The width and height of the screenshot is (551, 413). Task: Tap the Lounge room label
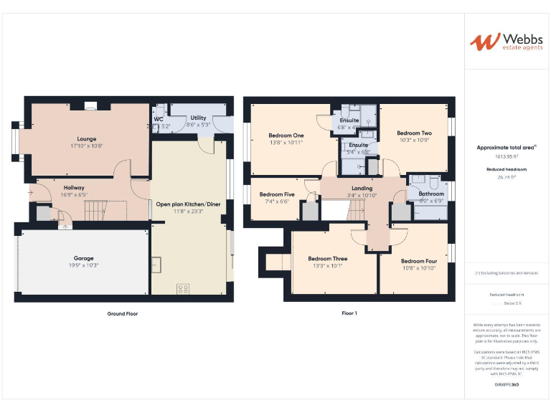[x=87, y=138]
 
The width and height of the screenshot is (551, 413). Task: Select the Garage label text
[x=83, y=258]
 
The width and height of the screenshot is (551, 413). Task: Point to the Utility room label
[x=198, y=118]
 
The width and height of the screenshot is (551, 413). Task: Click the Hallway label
[x=74, y=188]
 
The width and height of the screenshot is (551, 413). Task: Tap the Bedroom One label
[x=286, y=135]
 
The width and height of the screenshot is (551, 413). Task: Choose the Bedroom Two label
[x=414, y=133]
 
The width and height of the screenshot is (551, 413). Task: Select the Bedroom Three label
[x=327, y=258]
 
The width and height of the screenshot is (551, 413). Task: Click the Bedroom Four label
[x=419, y=261]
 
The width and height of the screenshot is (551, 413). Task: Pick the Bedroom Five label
[x=277, y=194]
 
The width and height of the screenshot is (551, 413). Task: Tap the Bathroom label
[x=431, y=194]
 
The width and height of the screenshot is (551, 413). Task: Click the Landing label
[x=362, y=188]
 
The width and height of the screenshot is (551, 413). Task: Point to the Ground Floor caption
[x=122, y=313]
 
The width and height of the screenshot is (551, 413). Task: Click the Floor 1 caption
[x=349, y=313]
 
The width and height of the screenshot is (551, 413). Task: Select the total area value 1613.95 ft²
[x=507, y=156]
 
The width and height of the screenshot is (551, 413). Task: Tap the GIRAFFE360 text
[x=507, y=386]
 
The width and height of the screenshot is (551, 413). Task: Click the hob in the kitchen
[x=182, y=288]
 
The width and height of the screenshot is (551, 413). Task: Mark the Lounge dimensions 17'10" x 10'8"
[x=87, y=146]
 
